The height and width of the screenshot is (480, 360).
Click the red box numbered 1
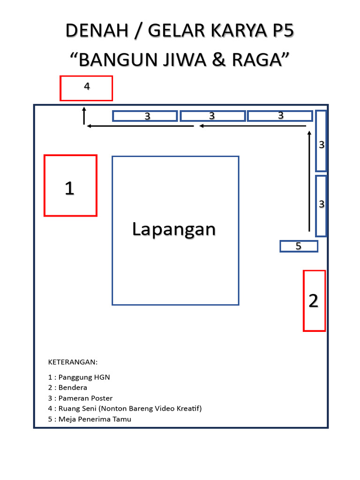pyautogui.click(x=70, y=186)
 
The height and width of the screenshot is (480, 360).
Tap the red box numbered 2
pyautogui.click(x=314, y=300)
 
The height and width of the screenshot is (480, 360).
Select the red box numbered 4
pyautogui.click(x=86, y=88)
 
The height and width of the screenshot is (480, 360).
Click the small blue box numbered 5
pyautogui.click(x=299, y=246)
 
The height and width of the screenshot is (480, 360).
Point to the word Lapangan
pyautogui.click(x=174, y=229)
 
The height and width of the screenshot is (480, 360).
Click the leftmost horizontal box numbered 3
pyautogui.click(x=145, y=116)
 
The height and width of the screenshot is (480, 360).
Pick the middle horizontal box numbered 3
pyautogui.click(x=213, y=116)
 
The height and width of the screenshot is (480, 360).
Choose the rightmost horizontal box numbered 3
pyautogui.click(x=280, y=116)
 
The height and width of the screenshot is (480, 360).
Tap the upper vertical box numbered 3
pyautogui.click(x=321, y=141)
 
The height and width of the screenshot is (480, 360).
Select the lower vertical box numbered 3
pyautogui.click(x=321, y=205)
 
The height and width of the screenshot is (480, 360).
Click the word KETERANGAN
pyautogui.click(x=73, y=362)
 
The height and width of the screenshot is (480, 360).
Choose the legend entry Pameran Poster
pyautogui.click(x=80, y=398)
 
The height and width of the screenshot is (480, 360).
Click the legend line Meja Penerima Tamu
pyautogui.click(x=90, y=419)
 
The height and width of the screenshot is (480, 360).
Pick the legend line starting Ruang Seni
pyautogui.click(x=125, y=408)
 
